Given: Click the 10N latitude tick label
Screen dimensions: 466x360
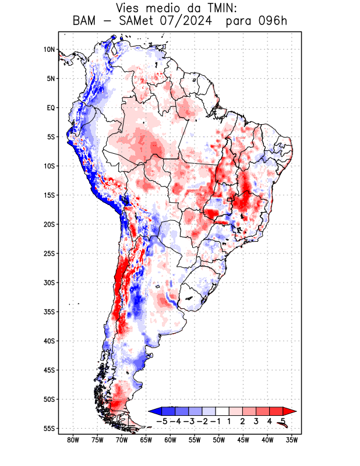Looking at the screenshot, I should click(x=49, y=50).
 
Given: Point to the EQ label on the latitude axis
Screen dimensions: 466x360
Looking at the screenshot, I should click(x=50, y=108).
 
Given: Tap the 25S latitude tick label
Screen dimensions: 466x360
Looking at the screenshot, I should click(x=49, y=253).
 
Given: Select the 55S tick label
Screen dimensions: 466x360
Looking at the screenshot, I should click(x=49, y=429).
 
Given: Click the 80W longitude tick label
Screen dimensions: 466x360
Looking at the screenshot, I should click(x=73, y=440).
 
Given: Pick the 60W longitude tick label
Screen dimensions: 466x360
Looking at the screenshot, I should click(x=170, y=440).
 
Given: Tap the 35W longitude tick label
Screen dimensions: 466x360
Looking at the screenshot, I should click(x=291, y=440).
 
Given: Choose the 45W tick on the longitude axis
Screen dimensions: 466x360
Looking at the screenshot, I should click(x=243, y=440).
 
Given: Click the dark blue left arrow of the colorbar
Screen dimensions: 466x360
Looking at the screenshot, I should click(x=155, y=411).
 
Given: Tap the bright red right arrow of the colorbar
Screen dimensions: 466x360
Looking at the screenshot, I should click(x=290, y=411).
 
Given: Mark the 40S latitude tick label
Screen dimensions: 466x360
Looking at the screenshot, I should click(x=49, y=341).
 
